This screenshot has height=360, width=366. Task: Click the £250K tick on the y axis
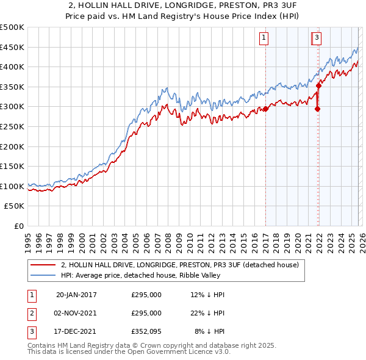coord(12,126)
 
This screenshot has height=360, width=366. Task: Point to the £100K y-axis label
coord(12,186)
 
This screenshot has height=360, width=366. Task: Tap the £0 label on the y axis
coord(18,226)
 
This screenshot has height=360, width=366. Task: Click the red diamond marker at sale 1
coord(266,109)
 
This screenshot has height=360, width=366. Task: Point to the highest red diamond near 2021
coord(318,87)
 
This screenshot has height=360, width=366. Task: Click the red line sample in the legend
coord(43,265)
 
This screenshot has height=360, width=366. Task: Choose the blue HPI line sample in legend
coord(43,275)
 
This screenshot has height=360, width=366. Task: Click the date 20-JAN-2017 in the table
coord(76,295)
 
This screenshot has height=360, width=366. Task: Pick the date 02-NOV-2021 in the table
coord(76,313)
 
